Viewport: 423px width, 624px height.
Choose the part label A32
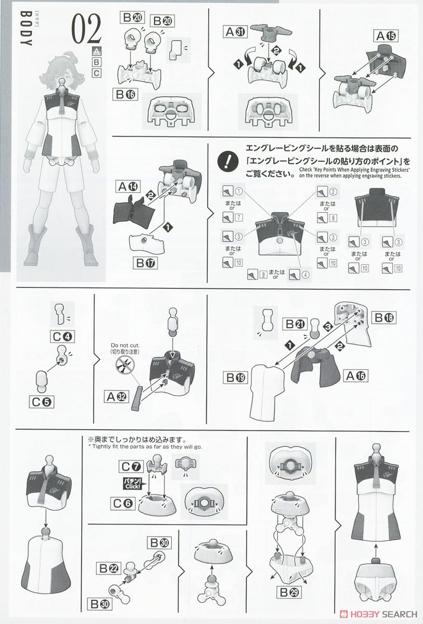119,397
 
